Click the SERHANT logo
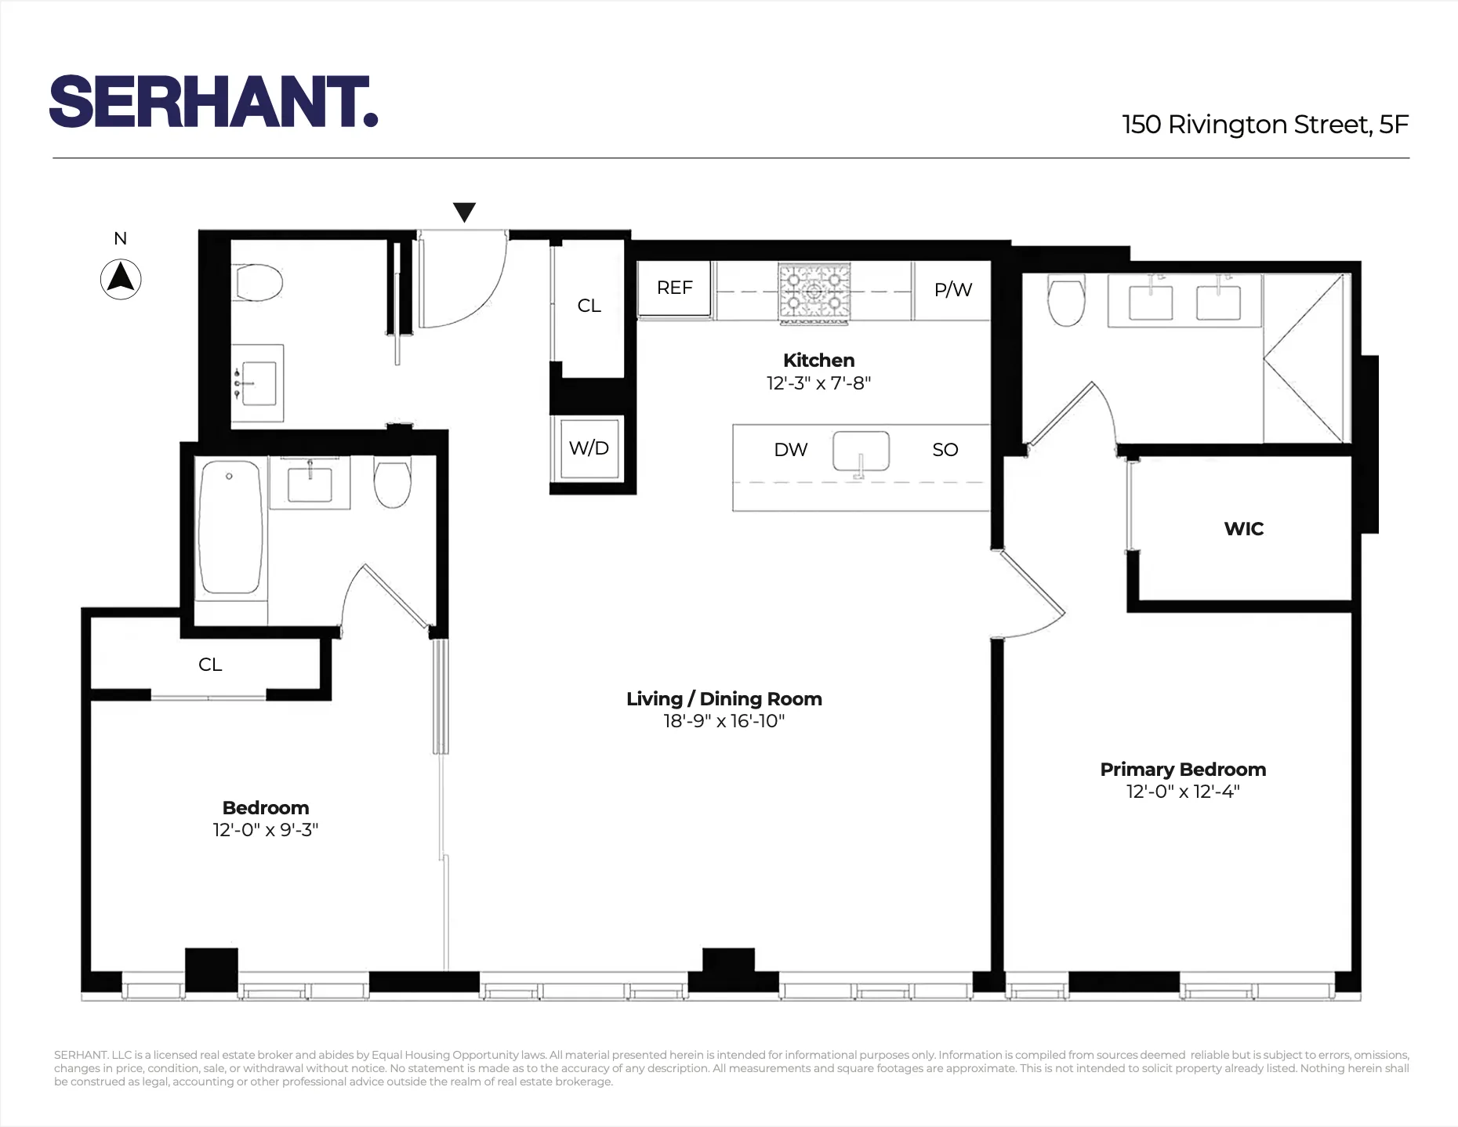click(213, 102)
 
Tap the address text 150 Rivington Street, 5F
click(1264, 125)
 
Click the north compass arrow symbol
click(121, 279)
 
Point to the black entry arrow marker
click(464, 212)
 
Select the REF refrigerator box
click(674, 288)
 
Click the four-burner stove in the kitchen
click(814, 293)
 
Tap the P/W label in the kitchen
click(952, 290)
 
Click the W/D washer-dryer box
click(589, 448)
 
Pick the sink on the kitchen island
click(861, 452)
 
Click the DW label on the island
click(790, 450)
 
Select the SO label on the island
click(945, 450)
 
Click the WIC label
click(1243, 529)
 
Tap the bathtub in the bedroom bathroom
click(230, 527)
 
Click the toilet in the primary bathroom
click(1065, 302)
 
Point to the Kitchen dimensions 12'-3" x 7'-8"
click(818, 383)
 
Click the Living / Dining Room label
click(724, 699)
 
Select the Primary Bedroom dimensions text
click(1182, 792)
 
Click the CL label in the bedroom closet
click(210, 665)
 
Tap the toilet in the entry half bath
click(259, 282)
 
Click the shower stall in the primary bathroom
click(1304, 358)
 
